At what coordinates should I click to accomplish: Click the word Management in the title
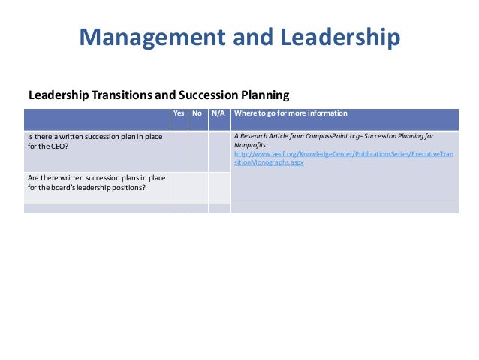click(x=143, y=37)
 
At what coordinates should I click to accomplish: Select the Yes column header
click(x=179, y=113)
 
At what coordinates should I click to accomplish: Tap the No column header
click(x=197, y=113)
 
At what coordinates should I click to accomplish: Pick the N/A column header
click(x=218, y=113)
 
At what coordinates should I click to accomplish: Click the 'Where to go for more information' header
click(x=291, y=113)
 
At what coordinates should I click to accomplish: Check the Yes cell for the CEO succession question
click(x=179, y=151)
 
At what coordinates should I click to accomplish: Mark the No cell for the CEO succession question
click(x=197, y=151)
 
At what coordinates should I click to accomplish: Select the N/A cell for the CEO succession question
click(x=218, y=151)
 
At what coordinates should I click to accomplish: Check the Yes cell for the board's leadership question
click(x=179, y=187)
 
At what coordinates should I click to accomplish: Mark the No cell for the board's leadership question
click(x=197, y=187)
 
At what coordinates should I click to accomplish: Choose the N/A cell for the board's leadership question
click(x=218, y=187)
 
